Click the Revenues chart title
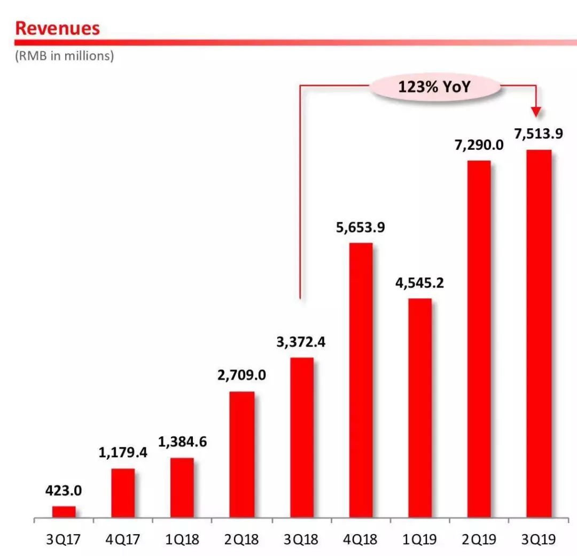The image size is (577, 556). click(x=57, y=28)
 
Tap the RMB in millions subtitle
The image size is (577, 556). click(x=64, y=56)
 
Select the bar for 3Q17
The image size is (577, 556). click(x=64, y=512)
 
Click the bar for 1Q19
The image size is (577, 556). click(x=420, y=408)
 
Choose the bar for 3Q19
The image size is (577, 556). click(x=539, y=334)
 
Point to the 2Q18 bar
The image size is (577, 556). click(x=242, y=455)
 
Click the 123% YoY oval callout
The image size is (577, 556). click(x=434, y=87)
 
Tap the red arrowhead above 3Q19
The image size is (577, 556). click(x=536, y=111)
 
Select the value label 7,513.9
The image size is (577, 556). click(x=539, y=134)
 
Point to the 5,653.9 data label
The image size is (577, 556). click(x=361, y=227)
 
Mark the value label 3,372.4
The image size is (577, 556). click(x=301, y=342)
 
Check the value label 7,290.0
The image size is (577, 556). click(x=479, y=144)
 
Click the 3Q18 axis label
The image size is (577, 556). click(x=301, y=539)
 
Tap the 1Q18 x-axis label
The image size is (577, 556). click(x=182, y=539)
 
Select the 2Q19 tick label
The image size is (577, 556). click(x=479, y=539)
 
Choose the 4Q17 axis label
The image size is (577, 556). click(x=123, y=539)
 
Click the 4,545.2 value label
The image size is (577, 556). click(x=420, y=282)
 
